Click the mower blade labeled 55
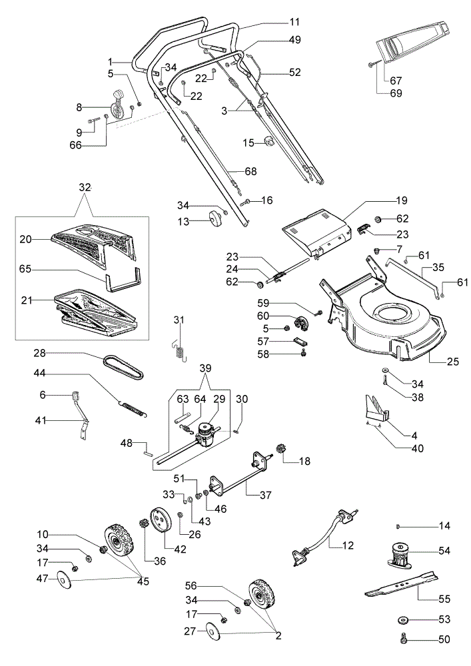click(x=401, y=585)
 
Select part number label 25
click(x=453, y=362)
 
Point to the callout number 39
click(x=205, y=368)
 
